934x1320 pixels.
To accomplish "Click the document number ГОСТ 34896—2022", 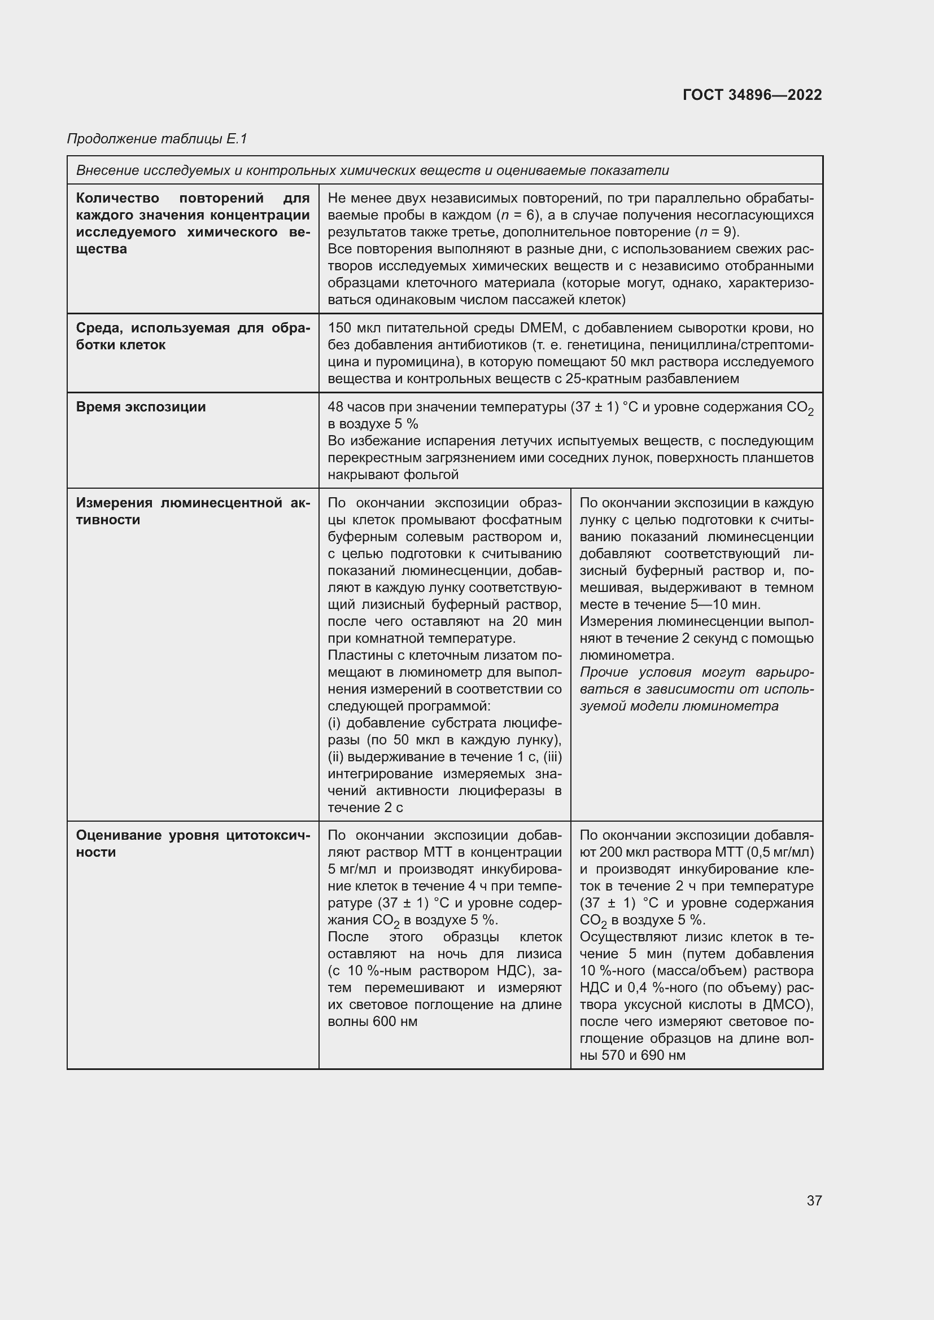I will [x=752, y=95].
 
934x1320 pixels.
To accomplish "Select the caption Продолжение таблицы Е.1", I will [x=157, y=139].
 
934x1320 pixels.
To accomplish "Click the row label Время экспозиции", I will [x=141, y=407].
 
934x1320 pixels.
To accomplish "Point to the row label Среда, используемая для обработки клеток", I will [x=193, y=336].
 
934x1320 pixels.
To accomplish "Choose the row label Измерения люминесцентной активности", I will [x=193, y=511].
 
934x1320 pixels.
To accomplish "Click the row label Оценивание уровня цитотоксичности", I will [x=193, y=843].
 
